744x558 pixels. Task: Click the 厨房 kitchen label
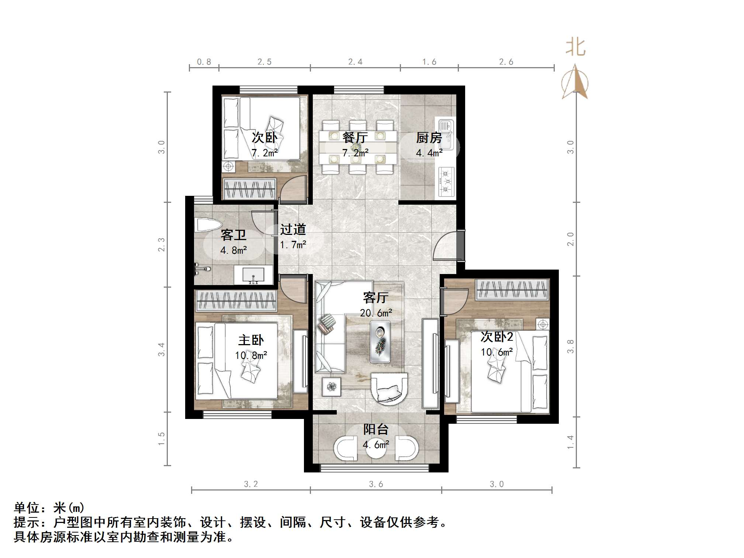click(429, 138)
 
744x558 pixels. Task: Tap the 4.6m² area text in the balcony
click(376, 445)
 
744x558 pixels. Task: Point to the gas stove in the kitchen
click(446, 182)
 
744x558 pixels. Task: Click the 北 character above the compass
click(575, 48)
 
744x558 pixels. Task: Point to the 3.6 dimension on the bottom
click(376, 484)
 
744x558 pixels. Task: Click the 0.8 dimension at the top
click(204, 62)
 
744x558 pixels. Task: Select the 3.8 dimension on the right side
click(570, 346)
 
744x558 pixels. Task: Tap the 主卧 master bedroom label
click(251, 340)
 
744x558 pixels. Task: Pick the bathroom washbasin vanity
click(253, 276)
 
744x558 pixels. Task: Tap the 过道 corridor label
click(293, 229)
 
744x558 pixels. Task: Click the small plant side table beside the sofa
click(331, 387)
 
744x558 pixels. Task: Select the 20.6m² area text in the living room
click(376, 313)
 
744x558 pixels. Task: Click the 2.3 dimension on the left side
click(161, 244)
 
